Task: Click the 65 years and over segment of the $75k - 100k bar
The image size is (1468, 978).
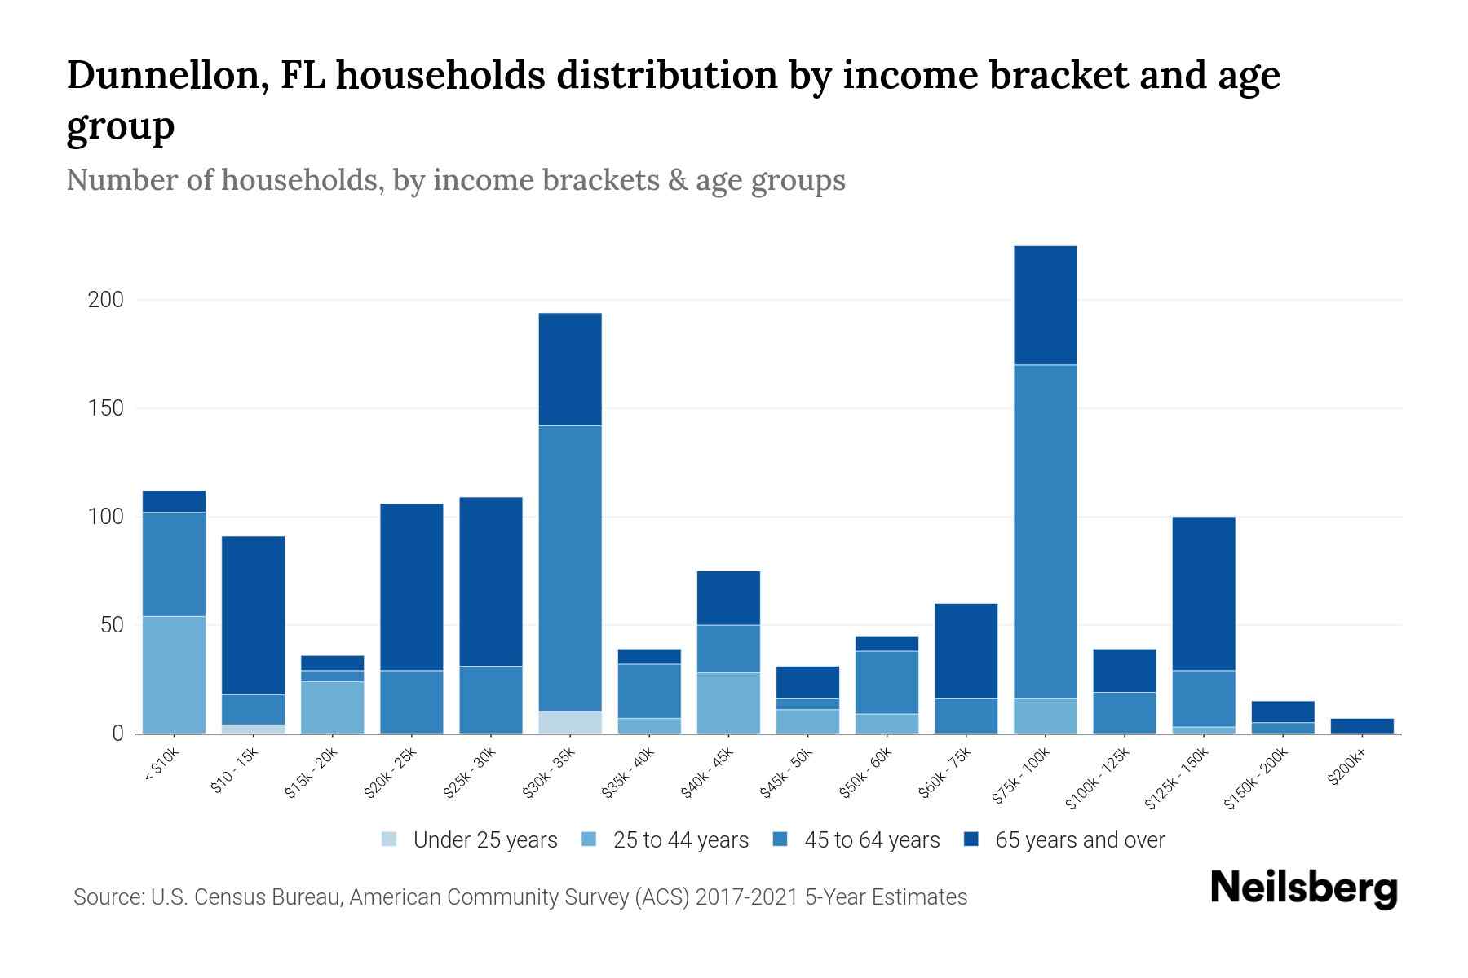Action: (x=1045, y=305)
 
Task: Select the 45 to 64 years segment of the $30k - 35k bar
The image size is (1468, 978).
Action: (x=570, y=568)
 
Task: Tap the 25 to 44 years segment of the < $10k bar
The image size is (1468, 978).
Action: (x=174, y=675)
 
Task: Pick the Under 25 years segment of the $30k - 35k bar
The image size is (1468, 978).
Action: (x=570, y=723)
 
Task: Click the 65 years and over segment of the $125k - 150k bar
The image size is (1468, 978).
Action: (x=1203, y=593)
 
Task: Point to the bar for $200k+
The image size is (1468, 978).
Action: (x=1361, y=725)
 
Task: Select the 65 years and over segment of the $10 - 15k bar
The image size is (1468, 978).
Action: (x=253, y=615)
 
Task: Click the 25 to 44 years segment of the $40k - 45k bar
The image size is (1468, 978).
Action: (x=728, y=703)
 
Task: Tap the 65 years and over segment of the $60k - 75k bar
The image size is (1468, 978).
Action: (x=966, y=651)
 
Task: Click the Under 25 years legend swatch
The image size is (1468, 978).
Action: (x=390, y=839)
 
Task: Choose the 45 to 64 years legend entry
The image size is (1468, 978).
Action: (x=871, y=840)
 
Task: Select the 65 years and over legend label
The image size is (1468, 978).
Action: (x=1079, y=840)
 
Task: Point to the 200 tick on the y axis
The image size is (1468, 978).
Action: (x=106, y=300)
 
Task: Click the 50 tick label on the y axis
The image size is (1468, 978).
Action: (x=112, y=625)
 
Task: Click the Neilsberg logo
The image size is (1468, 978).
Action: (x=1303, y=889)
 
